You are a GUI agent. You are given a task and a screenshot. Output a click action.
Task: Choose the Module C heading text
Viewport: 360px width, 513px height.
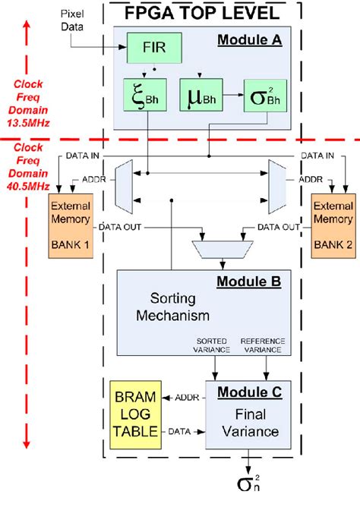coord(249,392)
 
